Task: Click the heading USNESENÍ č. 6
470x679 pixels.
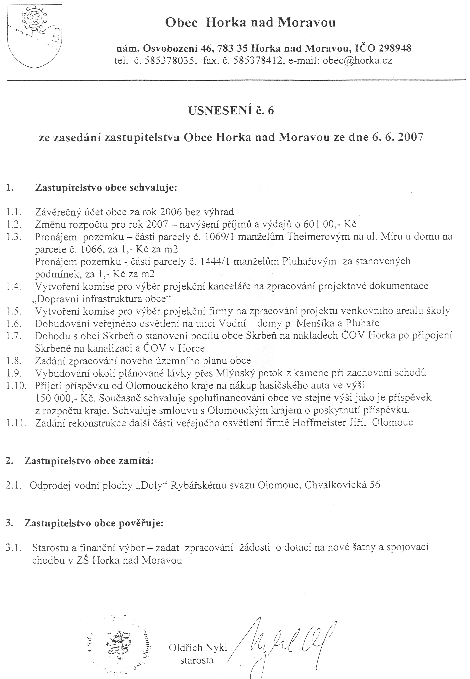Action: [x=231, y=111]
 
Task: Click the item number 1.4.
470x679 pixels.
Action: [x=14, y=286]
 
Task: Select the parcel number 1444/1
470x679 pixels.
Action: [x=215, y=261]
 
